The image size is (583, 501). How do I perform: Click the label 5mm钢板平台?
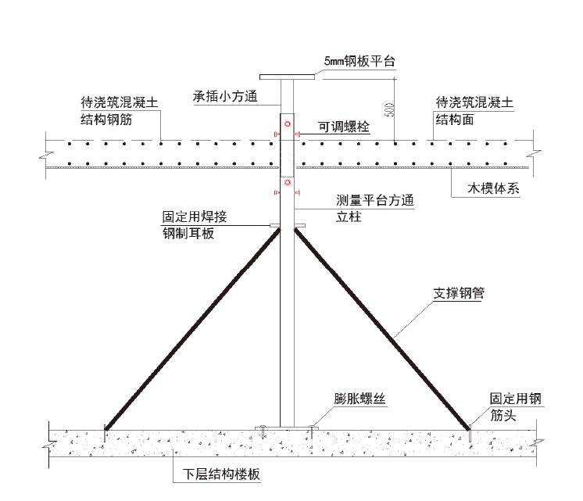(x=359, y=61)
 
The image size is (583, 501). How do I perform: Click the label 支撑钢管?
(x=460, y=295)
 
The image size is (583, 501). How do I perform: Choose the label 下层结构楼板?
(x=221, y=475)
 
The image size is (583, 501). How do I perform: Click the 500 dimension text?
(x=389, y=109)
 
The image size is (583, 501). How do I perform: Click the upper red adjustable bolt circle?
(x=288, y=124)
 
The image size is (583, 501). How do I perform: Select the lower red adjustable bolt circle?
(x=288, y=183)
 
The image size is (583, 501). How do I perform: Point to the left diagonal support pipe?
(x=192, y=328)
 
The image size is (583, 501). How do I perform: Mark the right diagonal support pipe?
(x=381, y=328)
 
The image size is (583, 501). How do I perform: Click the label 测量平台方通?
(x=374, y=200)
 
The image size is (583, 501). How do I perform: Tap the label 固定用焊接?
(x=195, y=217)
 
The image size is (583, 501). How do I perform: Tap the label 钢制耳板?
(x=188, y=234)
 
